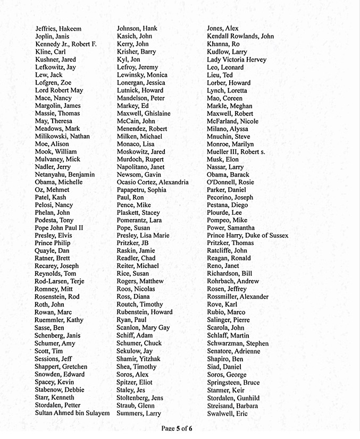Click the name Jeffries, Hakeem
click(x=58, y=29)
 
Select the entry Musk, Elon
click(x=223, y=159)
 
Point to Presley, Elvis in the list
click(x=53, y=236)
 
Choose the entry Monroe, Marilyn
click(x=230, y=144)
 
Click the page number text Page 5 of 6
click(x=177, y=428)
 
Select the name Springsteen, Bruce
click(x=233, y=383)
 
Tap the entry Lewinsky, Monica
click(x=142, y=75)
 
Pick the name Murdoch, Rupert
click(x=141, y=159)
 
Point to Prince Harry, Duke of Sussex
click(x=247, y=236)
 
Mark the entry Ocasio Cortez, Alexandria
click(x=153, y=182)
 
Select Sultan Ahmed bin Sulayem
click(x=72, y=413)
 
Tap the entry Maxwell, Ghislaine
click(x=144, y=114)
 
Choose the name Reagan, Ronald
click(x=229, y=259)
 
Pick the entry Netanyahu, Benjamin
click(x=65, y=175)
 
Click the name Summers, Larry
click(x=139, y=413)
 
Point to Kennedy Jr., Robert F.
click(x=66, y=44)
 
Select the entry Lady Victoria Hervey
click(x=237, y=60)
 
